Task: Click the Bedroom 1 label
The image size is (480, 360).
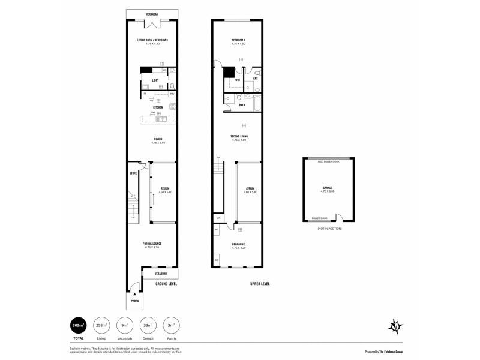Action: (x=239, y=40)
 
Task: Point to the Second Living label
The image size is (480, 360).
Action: (x=239, y=137)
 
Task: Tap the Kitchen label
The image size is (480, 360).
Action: (x=158, y=107)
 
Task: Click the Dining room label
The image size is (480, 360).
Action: (x=158, y=139)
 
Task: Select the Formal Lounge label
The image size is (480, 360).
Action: (x=152, y=244)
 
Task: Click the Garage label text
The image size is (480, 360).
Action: (x=328, y=188)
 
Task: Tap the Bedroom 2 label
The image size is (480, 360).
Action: (x=239, y=244)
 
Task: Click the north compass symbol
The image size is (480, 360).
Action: (x=395, y=326)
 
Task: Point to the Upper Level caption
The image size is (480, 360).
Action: (x=259, y=283)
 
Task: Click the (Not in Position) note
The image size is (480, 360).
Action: (x=328, y=229)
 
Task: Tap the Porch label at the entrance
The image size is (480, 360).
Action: (x=135, y=301)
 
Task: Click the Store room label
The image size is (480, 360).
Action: (x=133, y=173)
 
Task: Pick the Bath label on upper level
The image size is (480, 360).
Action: (x=242, y=105)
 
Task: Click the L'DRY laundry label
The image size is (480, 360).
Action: (x=154, y=80)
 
